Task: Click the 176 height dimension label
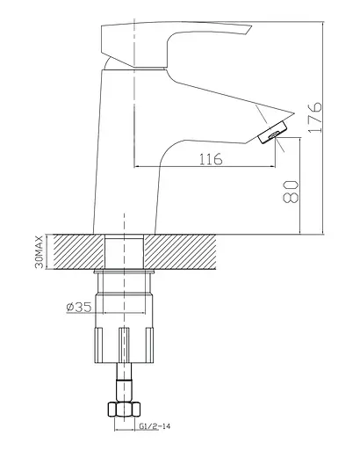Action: tap(314, 117)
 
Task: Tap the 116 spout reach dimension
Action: tap(211, 159)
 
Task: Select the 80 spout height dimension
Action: tap(291, 192)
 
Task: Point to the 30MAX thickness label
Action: tap(39, 252)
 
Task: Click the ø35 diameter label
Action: tap(79, 307)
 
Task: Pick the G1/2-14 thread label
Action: tap(155, 426)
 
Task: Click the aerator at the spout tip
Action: tap(273, 133)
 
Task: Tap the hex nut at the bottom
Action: tap(124, 410)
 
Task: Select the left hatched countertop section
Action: tap(78, 251)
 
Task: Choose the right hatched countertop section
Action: tap(180, 251)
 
